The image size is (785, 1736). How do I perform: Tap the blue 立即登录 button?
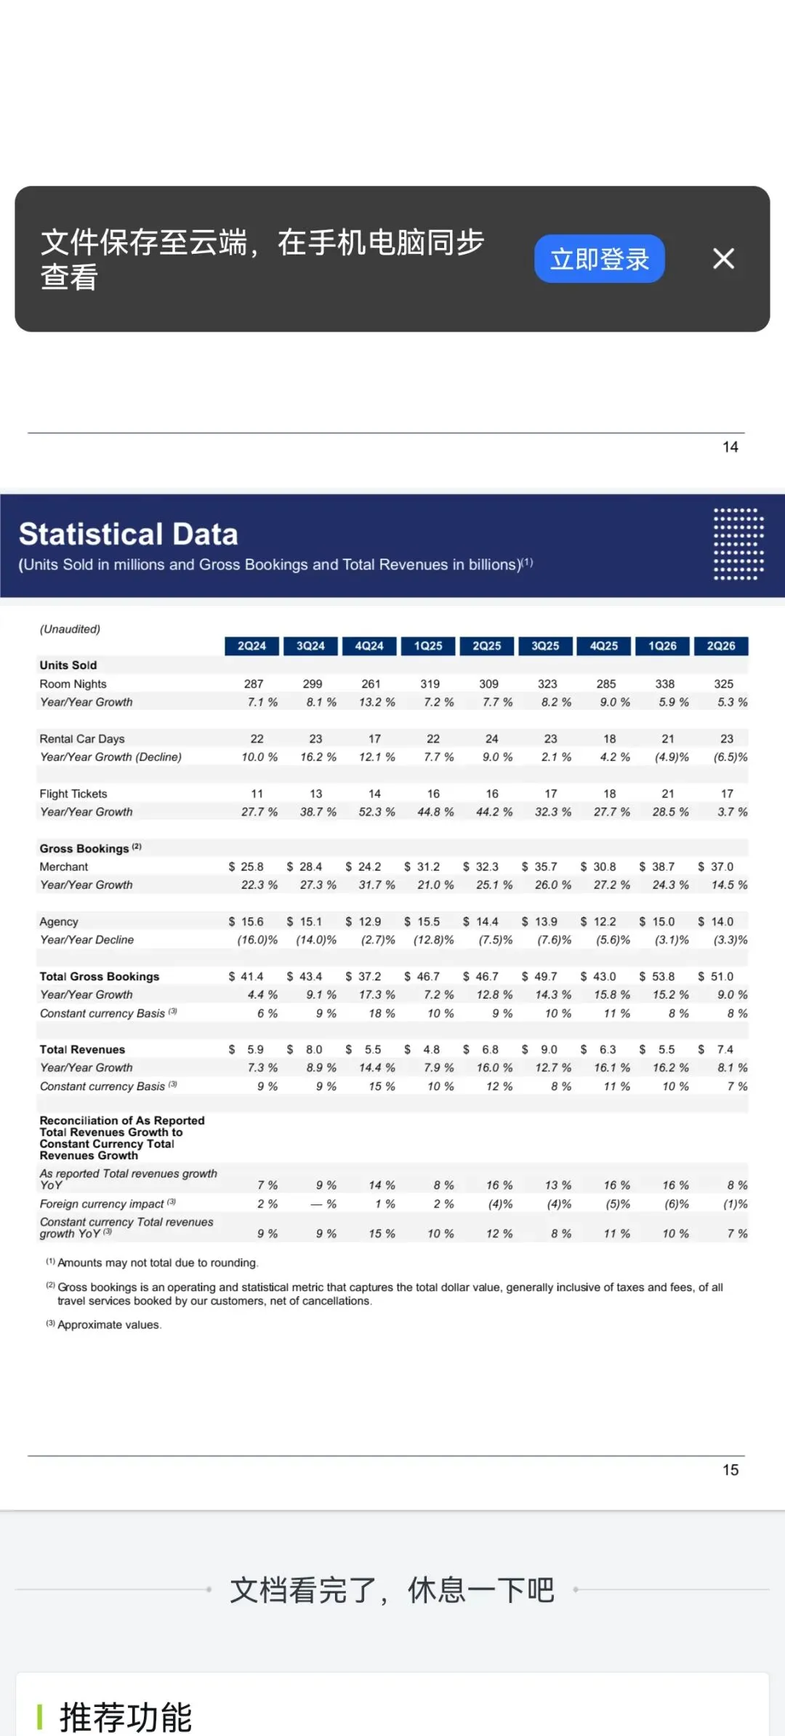[599, 259]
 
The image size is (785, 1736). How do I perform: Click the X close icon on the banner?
[723, 258]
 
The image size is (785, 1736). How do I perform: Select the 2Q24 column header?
[251, 646]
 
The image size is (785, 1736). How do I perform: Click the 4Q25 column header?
[604, 646]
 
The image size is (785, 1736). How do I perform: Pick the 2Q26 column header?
[721, 646]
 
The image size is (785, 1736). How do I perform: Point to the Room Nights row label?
[73, 684]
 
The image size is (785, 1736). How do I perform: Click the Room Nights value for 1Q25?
[430, 684]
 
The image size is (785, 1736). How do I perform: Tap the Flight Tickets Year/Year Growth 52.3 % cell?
[377, 812]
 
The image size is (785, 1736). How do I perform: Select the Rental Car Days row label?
[82, 739]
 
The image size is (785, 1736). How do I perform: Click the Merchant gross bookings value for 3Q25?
[539, 867]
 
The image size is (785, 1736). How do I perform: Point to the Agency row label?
[59, 922]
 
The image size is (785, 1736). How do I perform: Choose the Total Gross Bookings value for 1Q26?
[657, 977]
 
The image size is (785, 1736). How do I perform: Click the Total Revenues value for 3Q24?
[305, 1049]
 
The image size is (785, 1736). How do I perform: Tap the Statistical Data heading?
[129, 534]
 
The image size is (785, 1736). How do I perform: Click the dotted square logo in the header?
[738, 544]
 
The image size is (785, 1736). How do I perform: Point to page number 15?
[730, 1470]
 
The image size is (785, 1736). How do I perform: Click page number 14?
[730, 447]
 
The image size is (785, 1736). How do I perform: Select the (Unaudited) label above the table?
[70, 629]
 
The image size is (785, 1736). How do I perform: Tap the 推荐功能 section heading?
[126, 1717]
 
